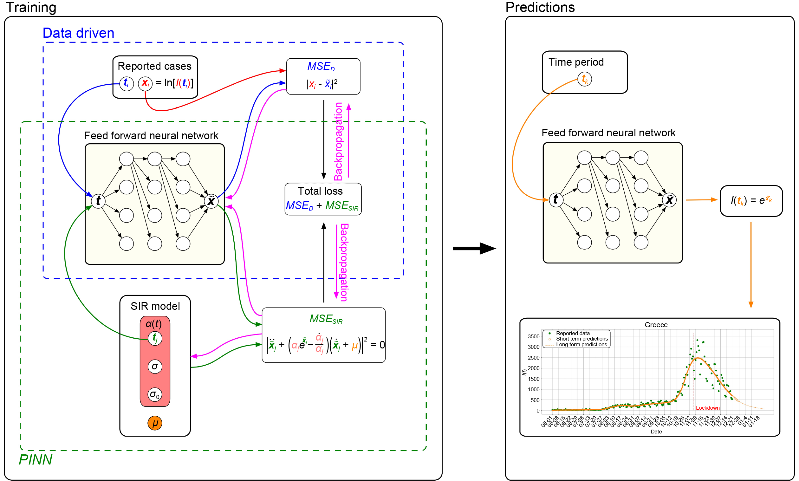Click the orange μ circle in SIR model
(x=155, y=423)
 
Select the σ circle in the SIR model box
(x=155, y=367)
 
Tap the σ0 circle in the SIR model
(x=155, y=395)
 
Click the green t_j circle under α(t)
(x=155, y=338)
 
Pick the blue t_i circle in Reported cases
(x=127, y=83)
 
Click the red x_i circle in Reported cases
(x=145, y=83)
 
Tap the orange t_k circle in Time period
(x=585, y=79)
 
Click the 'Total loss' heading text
(x=320, y=191)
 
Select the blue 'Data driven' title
(x=78, y=33)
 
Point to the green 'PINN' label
(x=36, y=460)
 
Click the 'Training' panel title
(x=31, y=7)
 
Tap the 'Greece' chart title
(x=656, y=325)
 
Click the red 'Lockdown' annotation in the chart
(x=707, y=408)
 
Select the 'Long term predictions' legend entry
(x=581, y=345)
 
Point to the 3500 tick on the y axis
(x=533, y=336)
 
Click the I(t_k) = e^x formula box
(x=751, y=201)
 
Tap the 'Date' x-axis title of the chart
(x=656, y=432)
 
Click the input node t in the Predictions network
(x=556, y=200)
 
